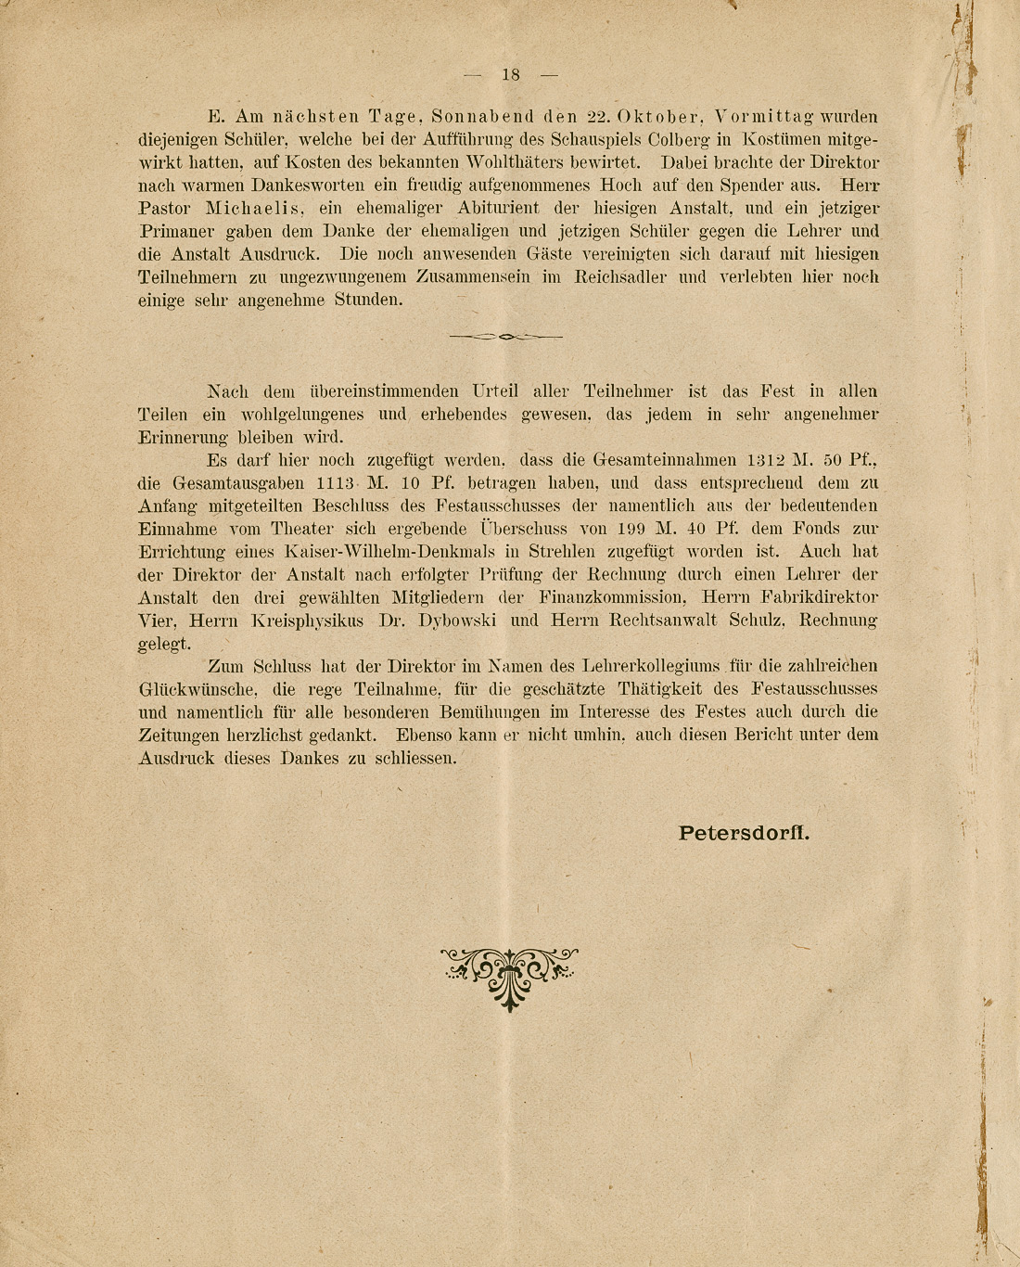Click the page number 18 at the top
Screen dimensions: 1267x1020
[x=511, y=75]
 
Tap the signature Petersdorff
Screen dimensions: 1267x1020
[x=744, y=833]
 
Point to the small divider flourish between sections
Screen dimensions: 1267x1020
[x=505, y=337]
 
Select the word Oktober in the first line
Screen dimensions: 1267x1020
[x=660, y=118]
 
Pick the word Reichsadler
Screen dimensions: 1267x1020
[x=620, y=277]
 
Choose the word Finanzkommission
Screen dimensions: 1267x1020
[x=613, y=597]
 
